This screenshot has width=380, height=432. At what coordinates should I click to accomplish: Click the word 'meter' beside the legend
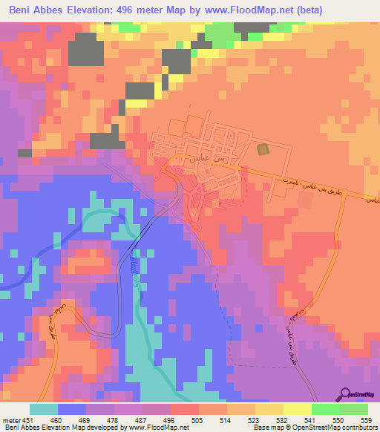[10, 419]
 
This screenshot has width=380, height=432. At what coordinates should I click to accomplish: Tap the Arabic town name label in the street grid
[187, 158]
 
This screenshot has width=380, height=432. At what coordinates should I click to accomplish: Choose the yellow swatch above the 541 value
[297, 409]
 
